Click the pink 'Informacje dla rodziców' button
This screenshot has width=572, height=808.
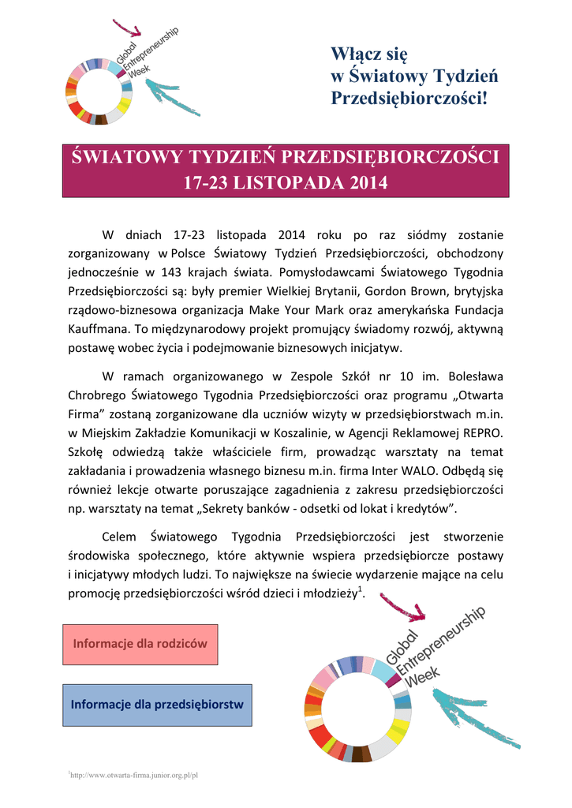click(140, 643)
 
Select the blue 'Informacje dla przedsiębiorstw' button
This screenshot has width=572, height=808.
click(157, 704)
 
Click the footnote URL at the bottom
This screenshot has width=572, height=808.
click(133, 775)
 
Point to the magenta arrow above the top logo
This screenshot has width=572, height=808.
click(126, 28)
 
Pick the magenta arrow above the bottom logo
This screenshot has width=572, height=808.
click(402, 606)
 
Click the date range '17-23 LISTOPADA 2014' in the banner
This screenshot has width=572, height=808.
click(286, 183)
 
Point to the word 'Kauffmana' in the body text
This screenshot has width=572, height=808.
click(95, 328)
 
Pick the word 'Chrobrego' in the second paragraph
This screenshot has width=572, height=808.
click(95, 395)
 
